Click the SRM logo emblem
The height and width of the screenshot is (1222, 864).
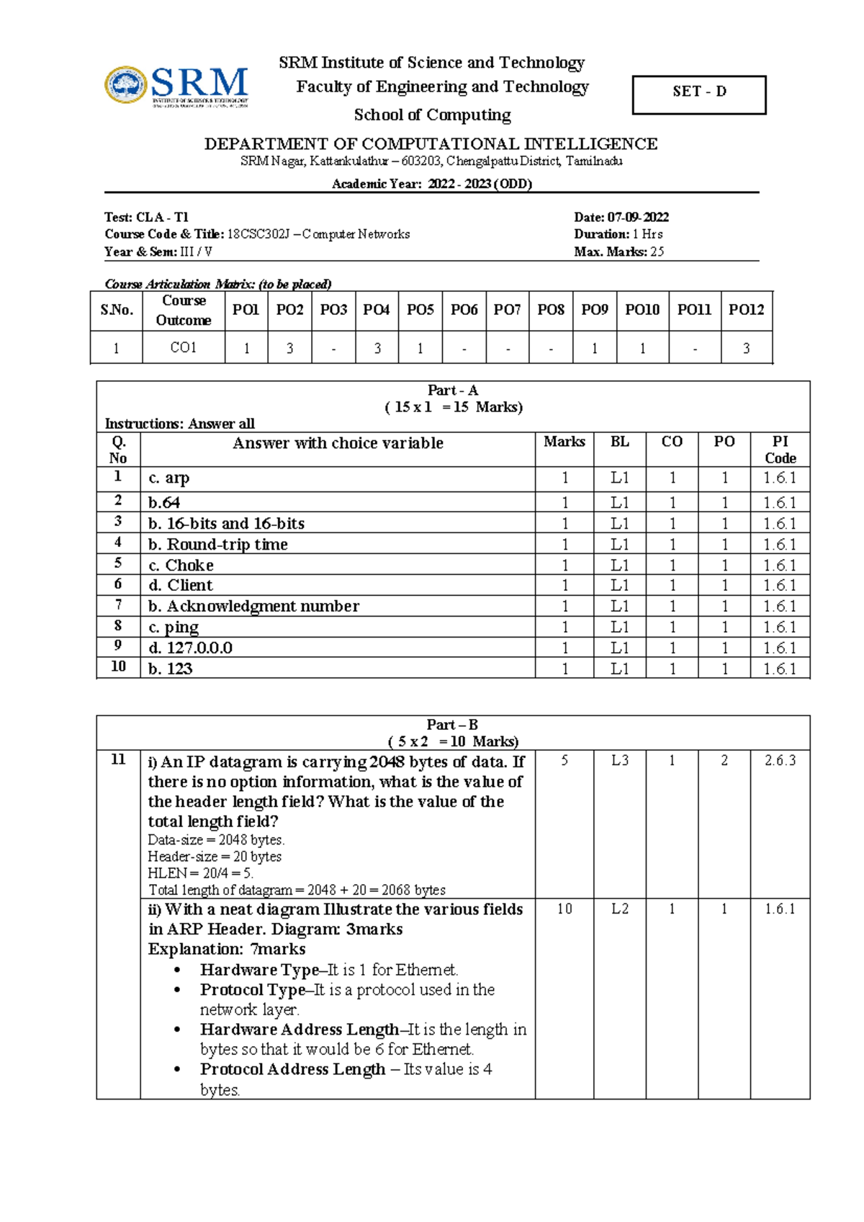point(127,85)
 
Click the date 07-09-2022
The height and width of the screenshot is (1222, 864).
point(638,217)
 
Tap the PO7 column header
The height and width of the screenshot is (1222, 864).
point(507,310)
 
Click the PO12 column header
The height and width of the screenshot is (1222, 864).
point(746,310)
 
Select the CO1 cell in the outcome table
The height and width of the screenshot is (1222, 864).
point(184,348)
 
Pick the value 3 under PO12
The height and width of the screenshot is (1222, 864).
point(746,349)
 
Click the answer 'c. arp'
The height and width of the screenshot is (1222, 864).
point(169,478)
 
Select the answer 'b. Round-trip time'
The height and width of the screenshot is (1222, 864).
point(218,545)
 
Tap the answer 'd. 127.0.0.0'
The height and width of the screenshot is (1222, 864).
point(191,648)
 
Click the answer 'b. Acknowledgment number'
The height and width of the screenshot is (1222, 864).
point(253,607)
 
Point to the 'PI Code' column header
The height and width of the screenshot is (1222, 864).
point(780,450)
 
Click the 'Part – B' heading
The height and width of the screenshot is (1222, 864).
point(452,725)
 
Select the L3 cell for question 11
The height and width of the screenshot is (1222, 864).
point(619,760)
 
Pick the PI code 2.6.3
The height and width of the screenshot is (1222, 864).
point(780,760)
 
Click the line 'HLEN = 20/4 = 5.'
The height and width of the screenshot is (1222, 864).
point(200,873)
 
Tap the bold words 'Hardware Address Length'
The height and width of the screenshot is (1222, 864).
point(300,1030)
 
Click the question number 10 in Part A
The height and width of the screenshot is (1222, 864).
point(118,666)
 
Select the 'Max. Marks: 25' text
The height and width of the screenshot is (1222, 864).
point(618,251)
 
